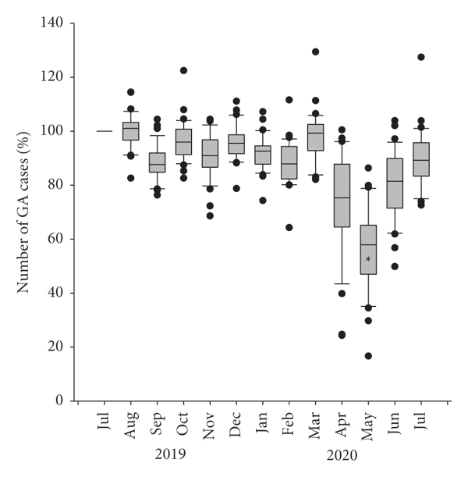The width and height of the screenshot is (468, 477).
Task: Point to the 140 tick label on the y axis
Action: (52, 23)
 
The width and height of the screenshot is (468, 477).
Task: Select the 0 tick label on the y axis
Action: (60, 400)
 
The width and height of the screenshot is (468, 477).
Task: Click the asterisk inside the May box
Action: (368, 258)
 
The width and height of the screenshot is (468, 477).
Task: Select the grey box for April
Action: (342, 195)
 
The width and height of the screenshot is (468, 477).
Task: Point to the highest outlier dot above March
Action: (315, 52)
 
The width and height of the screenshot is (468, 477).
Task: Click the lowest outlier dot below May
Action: (368, 356)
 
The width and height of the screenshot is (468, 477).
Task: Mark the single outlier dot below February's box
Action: (289, 227)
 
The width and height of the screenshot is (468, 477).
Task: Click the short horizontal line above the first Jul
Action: (104, 131)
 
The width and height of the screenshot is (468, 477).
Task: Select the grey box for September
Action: (157, 162)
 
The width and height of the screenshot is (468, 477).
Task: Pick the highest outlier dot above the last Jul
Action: (421, 57)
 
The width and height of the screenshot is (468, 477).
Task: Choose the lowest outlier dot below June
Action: (395, 266)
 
